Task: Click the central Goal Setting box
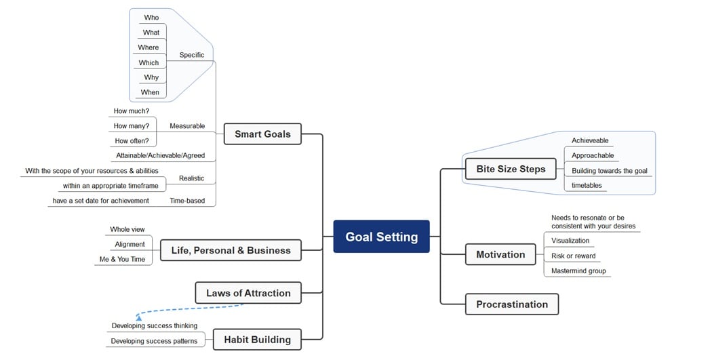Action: pos(381,237)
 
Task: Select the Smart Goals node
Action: pos(262,134)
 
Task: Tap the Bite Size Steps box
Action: pos(511,169)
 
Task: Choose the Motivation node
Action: pos(500,255)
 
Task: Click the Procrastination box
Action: pos(512,304)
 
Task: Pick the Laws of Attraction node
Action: pos(248,293)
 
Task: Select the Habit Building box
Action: pos(257,340)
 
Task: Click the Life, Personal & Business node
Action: pos(231,250)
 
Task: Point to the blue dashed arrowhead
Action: pos(138,316)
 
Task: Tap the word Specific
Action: pos(192,55)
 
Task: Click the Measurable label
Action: pos(187,126)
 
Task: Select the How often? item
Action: pos(132,141)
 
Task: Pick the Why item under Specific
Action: pos(151,77)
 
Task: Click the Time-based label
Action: pos(187,201)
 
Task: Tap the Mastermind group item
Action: pos(578,271)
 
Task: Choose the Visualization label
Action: pos(570,241)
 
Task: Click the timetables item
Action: pos(587,185)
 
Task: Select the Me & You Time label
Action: pos(123,259)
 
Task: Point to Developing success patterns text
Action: pos(154,341)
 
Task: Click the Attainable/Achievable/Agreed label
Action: pos(160,155)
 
